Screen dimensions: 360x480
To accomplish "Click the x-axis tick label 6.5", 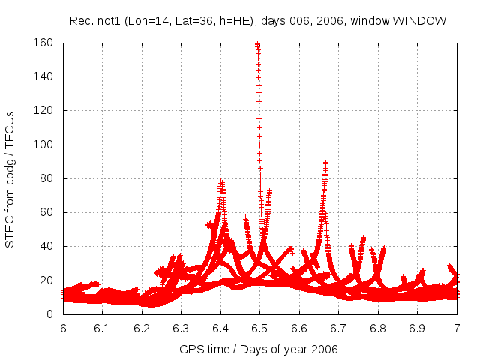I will coord(260,328).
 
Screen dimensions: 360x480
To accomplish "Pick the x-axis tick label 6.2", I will coord(142,328).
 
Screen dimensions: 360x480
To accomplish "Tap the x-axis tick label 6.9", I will coord(418,328).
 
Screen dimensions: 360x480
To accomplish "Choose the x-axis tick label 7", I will coord(457,328).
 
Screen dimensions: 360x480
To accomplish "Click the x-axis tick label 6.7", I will coord(339,328).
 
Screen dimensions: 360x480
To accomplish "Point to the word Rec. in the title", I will coord(81,20).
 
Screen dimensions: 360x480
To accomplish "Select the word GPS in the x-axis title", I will coord(191,349).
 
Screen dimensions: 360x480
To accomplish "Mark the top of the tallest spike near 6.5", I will coord(257,44).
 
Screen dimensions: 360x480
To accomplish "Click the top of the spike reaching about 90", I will coord(325,162).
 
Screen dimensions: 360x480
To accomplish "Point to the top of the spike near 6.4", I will coord(221,181).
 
